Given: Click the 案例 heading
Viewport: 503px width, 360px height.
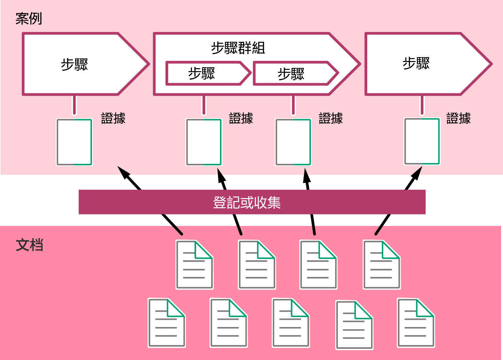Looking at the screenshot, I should click(29, 19).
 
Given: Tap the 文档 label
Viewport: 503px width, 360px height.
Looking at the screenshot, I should click(29, 245).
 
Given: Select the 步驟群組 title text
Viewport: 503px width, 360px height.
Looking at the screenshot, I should click(238, 48).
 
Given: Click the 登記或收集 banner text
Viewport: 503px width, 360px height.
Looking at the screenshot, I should click(247, 202).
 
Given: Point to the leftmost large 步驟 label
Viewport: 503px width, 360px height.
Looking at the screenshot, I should click(74, 64).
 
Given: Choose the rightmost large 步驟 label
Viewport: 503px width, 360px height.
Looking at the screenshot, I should click(416, 63).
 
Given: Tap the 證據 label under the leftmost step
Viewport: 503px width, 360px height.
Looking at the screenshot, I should click(113, 118).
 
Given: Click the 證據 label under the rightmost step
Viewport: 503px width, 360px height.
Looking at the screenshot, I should click(459, 118).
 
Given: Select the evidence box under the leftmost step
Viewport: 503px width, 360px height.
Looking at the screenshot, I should click(74, 142).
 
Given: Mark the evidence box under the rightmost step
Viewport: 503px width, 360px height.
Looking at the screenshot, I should click(422, 141).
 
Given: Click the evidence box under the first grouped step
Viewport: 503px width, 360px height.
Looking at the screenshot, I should click(204, 142).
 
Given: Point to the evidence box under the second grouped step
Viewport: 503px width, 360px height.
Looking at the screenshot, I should click(293, 142).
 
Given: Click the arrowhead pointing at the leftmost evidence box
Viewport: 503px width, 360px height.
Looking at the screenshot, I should click(123, 172).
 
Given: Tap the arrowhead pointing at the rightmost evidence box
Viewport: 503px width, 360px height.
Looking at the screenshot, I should click(417, 173).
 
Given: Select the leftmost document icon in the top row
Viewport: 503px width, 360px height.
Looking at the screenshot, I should click(195, 265).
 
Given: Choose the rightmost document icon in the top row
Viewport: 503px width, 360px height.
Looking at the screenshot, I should click(382, 265).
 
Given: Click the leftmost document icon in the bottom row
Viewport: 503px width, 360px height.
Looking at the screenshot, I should click(167, 322).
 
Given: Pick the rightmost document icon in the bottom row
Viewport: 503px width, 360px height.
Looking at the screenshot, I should click(416, 322).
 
